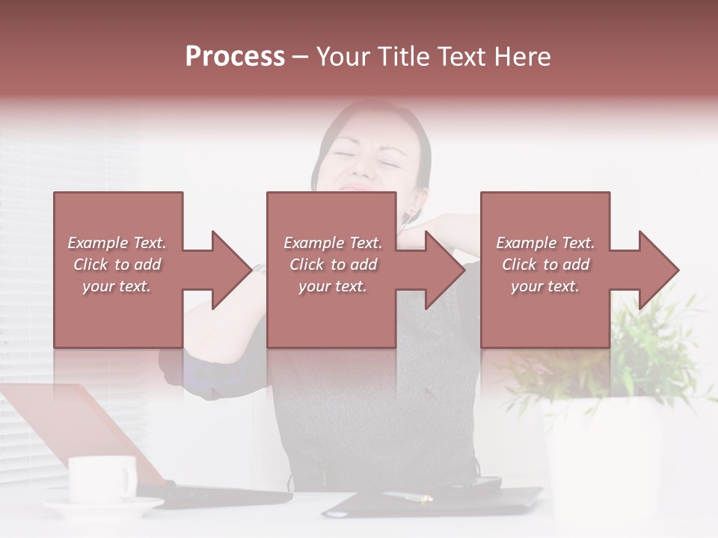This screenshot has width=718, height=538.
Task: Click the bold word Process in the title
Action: (x=235, y=57)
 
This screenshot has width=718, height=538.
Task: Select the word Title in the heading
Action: (x=403, y=57)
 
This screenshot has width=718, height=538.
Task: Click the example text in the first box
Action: (x=117, y=265)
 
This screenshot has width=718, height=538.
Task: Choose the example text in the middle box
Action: (x=332, y=265)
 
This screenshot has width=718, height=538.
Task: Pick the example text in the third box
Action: (x=545, y=265)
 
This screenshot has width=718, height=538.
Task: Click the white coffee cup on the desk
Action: (x=101, y=478)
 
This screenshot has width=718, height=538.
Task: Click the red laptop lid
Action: (x=82, y=426)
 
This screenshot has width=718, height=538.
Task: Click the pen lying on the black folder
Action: (x=408, y=495)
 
